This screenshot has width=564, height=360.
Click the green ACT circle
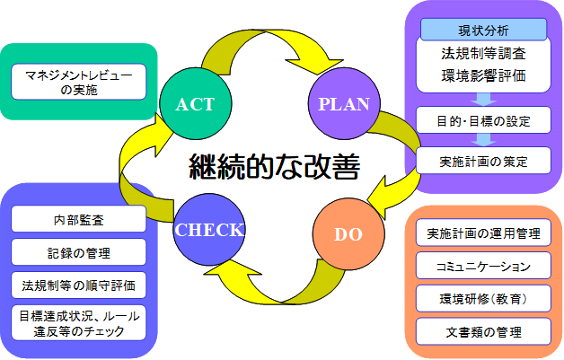point(195,103)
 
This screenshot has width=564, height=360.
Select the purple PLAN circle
point(344,103)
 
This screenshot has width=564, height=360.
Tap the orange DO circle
point(348,234)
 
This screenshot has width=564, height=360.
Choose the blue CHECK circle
point(209,229)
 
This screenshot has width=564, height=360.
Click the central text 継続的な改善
point(274,168)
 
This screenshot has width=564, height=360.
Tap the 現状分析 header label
point(483,29)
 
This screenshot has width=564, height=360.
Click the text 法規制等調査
point(483,53)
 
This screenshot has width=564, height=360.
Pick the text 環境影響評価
point(483,76)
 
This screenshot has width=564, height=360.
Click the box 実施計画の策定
point(483,162)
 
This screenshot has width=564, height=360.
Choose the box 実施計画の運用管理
point(483,234)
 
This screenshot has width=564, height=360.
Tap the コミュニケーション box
point(483,267)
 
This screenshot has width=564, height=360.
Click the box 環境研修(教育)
point(483,298)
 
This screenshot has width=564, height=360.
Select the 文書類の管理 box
point(483,330)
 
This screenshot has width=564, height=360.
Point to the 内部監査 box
point(78,217)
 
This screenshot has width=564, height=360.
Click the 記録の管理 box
point(78,251)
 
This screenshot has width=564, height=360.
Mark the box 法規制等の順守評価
point(78,285)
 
